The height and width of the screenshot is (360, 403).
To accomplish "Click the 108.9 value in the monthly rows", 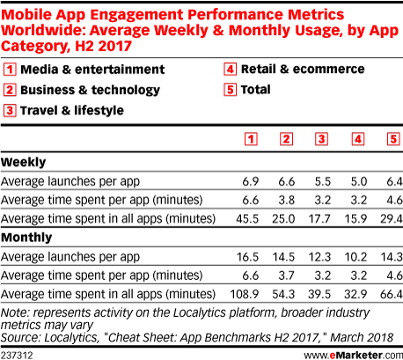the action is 244,294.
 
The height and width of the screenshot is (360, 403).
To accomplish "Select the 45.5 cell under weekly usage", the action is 247,219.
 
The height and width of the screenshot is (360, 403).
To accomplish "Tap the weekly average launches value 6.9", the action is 251,181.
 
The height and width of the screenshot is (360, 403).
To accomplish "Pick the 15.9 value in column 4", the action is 355,219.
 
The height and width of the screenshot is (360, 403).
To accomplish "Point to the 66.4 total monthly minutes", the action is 392,294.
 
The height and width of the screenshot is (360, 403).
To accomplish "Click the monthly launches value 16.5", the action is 247,257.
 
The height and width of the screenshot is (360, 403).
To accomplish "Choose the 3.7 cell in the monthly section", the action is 286,276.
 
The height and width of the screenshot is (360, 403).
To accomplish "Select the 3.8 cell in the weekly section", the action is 286,200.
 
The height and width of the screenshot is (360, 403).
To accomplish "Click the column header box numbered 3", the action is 321,139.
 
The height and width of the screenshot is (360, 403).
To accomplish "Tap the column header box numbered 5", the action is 393,139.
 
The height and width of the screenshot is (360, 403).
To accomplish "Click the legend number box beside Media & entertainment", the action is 10,70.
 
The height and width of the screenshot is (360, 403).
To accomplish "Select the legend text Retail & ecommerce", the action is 303,70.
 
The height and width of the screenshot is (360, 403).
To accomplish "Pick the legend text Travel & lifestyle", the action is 72,111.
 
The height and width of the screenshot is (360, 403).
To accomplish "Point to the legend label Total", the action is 255,90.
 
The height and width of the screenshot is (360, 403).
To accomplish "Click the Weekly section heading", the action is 24,162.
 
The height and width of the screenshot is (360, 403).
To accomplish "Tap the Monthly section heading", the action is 26,238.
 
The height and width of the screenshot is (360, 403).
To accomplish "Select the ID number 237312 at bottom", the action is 17,356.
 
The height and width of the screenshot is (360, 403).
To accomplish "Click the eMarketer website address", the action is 354,356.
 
